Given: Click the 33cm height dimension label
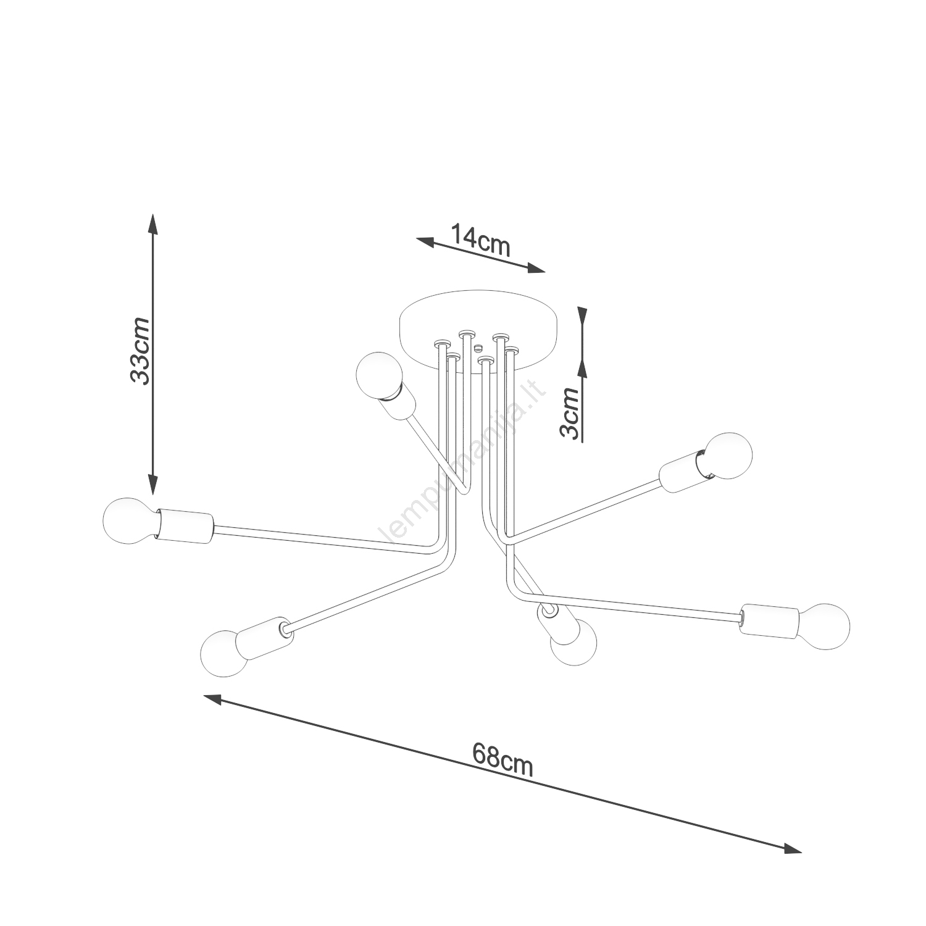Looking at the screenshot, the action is tap(140, 351).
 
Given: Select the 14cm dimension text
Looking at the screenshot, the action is tap(480, 239).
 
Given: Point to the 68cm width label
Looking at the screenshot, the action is tap(503, 759).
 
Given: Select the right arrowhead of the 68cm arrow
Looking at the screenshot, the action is tap(793, 848).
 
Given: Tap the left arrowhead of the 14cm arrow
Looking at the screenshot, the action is tap(425, 241).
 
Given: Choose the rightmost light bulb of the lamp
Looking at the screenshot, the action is tap(824, 626).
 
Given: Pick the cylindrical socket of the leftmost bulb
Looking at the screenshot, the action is tap(185, 526).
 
